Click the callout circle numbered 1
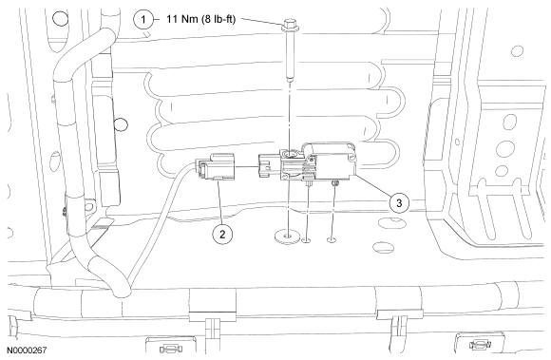click(143, 19)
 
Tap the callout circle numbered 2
click(222, 234)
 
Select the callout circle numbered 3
click(399, 202)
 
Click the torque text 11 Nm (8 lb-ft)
click(200, 19)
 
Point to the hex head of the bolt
click(289, 26)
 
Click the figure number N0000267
click(27, 351)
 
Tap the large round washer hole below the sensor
click(288, 236)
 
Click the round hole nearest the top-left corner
click(60, 18)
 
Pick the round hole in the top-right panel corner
click(517, 51)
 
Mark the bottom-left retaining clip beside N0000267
click(171, 349)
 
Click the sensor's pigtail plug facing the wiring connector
click(269, 166)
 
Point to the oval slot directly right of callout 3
click(393, 221)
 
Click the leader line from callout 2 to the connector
click(220, 201)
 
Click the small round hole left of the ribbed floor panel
click(122, 124)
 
